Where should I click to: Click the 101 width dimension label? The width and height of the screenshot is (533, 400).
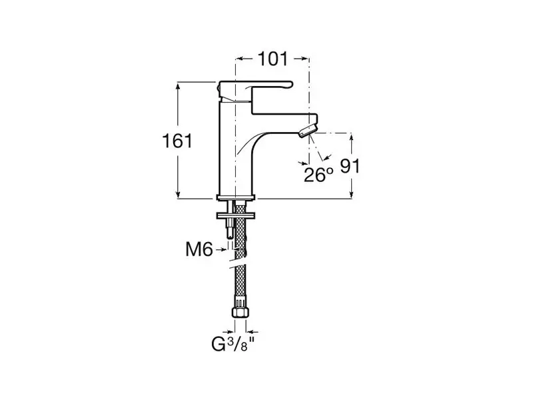[273, 59]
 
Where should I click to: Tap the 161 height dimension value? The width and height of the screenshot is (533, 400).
[177, 141]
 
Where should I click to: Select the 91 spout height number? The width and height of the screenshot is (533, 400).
[350, 165]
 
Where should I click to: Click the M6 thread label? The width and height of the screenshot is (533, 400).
[199, 249]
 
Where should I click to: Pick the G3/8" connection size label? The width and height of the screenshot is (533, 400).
[233, 344]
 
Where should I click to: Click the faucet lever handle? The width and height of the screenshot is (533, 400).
[256, 89]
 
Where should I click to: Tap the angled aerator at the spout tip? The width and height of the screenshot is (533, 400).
[308, 131]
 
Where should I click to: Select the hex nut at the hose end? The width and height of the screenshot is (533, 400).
[240, 312]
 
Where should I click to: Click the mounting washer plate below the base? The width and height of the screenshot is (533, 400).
[236, 215]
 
